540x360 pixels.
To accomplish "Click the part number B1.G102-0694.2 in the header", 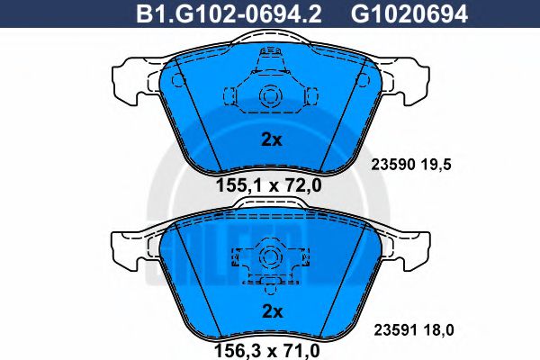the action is [229, 14].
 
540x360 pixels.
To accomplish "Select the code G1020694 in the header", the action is [409, 14].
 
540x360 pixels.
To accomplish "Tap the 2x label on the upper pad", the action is [272, 139].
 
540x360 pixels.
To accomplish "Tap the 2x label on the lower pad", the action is [272, 311].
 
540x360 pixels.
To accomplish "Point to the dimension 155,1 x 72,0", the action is [268, 185].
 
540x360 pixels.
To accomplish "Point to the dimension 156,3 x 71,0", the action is [267, 351].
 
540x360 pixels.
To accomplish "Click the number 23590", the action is [393, 165].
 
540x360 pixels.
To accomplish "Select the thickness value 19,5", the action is [436, 165].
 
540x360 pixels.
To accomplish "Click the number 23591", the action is [396, 330].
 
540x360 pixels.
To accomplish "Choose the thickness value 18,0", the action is [439, 330].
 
